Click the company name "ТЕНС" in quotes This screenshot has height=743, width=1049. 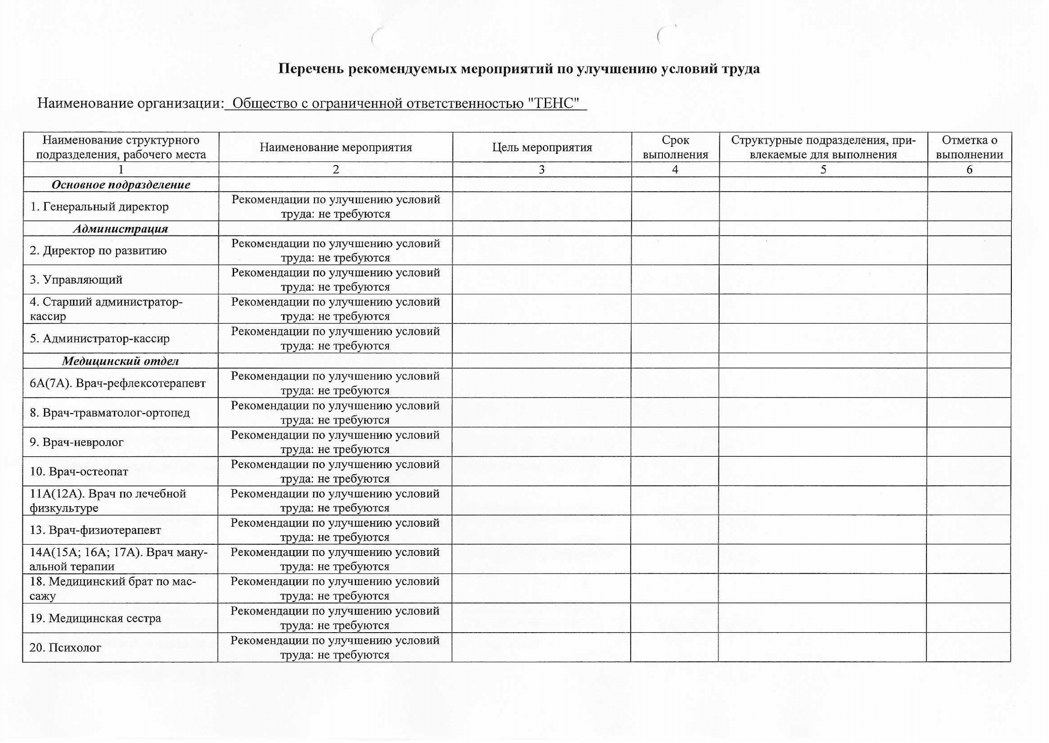[x=557, y=104]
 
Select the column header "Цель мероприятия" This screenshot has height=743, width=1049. [x=542, y=147]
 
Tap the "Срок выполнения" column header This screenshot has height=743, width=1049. [x=675, y=147]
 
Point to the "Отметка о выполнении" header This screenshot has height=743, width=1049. [x=969, y=147]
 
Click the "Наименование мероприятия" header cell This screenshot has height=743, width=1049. [x=335, y=147]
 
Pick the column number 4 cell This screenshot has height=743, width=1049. [x=675, y=170]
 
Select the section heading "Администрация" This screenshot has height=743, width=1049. [x=121, y=229]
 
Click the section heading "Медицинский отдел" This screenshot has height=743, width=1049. [x=121, y=361]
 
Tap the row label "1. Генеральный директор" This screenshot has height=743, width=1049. [x=99, y=207]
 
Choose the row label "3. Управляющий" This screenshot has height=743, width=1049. [x=76, y=280]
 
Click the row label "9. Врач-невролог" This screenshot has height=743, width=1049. [x=77, y=442]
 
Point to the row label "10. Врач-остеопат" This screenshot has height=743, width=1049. [x=79, y=472]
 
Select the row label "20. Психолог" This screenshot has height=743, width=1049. [x=65, y=648]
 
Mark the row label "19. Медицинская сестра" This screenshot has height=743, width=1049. [x=96, y=619]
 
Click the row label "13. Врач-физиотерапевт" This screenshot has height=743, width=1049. [x=96, y=530]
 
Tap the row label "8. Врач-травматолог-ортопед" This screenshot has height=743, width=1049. [x=110, y=413]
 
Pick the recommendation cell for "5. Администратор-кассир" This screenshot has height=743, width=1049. [x=335, y=339]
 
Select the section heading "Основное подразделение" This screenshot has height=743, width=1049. [x=121, y=185]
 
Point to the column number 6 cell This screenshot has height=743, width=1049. [x=969, y=170]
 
